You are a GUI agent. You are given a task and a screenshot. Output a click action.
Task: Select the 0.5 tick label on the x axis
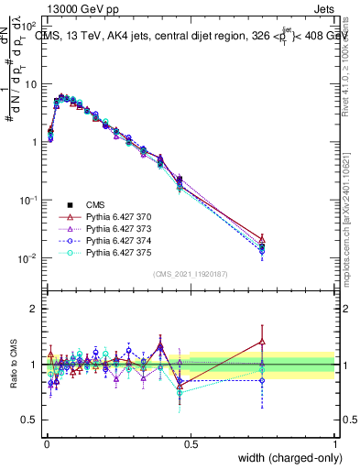191,444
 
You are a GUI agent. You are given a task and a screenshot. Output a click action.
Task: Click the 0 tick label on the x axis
46,444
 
